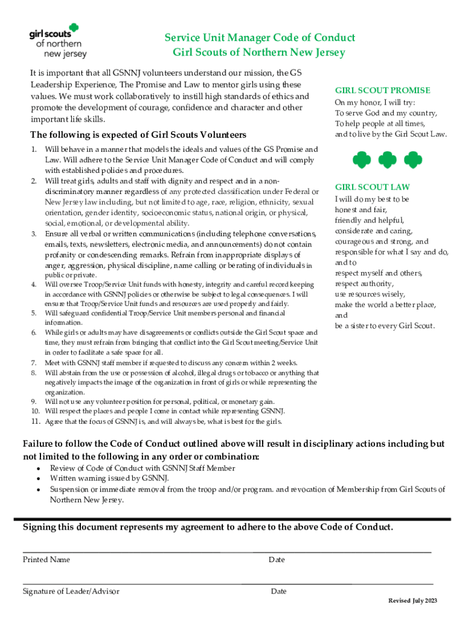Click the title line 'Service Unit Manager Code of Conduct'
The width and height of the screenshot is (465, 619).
(260, 38)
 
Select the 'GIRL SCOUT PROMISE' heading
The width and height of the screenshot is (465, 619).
(382, 91)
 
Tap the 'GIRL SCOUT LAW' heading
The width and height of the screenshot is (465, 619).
(372, 187)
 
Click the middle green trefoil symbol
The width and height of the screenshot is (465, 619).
(386, 160)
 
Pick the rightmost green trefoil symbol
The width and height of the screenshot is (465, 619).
(412, 160)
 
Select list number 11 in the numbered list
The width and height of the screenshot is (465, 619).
(36, 421)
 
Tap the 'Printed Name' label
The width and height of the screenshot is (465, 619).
(46, 560)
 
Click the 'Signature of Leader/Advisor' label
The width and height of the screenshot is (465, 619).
(71, 591)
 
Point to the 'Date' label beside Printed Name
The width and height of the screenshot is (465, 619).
(277, 560)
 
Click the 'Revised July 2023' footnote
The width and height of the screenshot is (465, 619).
(412, 601)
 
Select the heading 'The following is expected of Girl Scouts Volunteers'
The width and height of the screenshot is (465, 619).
(138, 134)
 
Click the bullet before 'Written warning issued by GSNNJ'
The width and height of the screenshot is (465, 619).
(39, 479)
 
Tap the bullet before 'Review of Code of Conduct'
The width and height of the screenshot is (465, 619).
(39, 468)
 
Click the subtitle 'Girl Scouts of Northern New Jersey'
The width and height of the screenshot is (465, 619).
(259, 53)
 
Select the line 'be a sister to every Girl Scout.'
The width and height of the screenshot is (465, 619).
(384, 326)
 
